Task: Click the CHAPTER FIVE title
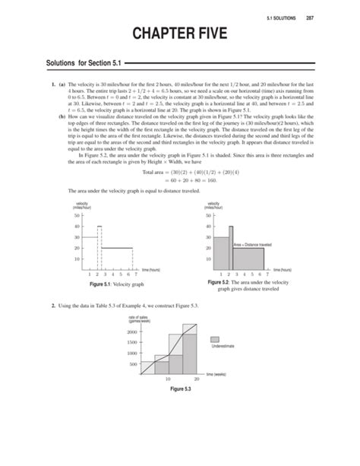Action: pyautogui.click(x=180, y=34)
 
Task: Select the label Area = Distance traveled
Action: pyautogui.click(x=252, y=244)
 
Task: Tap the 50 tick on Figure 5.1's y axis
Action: pyautogui.click(x=77, y=216)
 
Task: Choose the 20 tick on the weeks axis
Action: pyautogui.click(x=196, y=379)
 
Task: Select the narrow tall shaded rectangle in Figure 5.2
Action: pyautogui.click(x=230, y=249)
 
